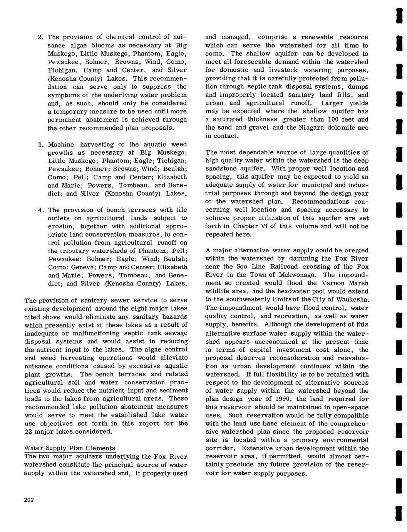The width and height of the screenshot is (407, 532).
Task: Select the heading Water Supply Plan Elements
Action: pyautogui.click(x=70, y=448)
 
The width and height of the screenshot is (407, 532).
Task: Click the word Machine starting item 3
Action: pyautogui.click(x=61, y=144)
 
